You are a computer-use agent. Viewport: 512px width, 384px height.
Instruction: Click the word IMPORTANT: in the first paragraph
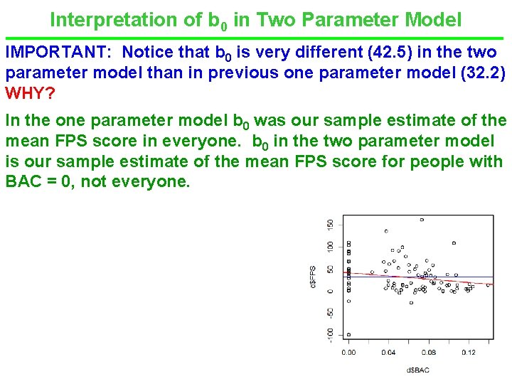[59, 53]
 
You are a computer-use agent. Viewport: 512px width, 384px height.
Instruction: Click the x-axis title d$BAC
[417, 370]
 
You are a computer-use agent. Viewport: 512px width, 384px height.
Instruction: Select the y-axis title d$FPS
[313, 277]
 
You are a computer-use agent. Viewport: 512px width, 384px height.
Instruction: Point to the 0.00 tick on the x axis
[348, 353]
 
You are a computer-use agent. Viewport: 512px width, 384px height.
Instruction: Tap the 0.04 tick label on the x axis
[388, 353]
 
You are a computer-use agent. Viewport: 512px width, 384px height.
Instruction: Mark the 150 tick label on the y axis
[329, 224]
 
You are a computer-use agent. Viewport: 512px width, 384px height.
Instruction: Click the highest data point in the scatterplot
[422, 220]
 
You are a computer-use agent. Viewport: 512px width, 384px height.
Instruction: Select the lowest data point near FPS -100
[348, 334]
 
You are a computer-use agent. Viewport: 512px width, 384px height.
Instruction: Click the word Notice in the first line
[146, 53]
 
